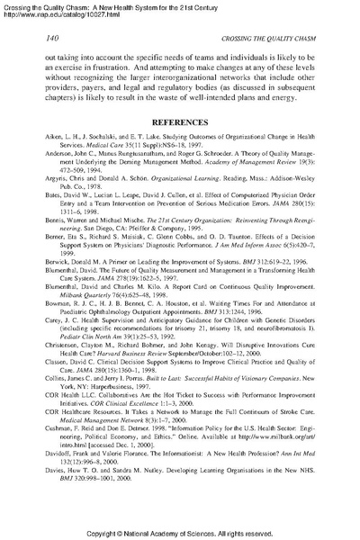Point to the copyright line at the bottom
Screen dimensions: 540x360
point(180,532)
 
